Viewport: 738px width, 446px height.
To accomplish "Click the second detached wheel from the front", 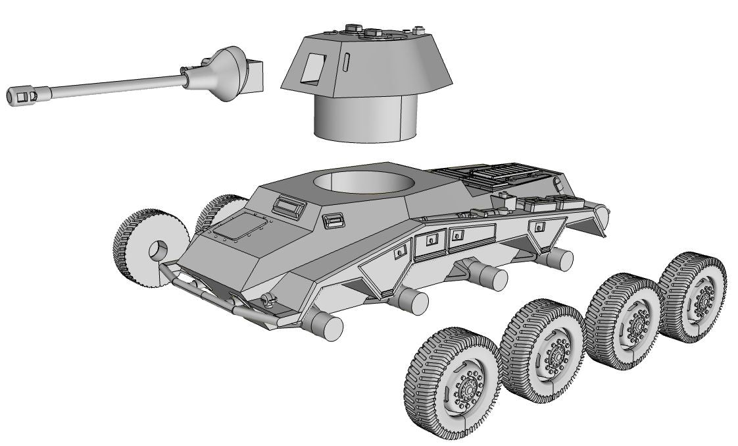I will point(543,352).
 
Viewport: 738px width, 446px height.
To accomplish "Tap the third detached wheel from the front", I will point(626,323).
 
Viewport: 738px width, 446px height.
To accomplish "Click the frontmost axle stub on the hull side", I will point(326,324).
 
